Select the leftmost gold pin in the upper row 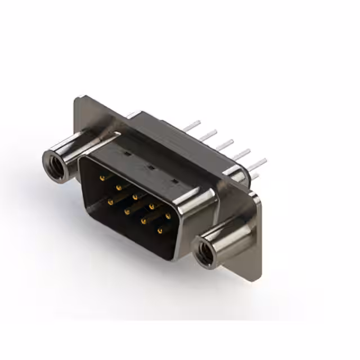pos(102,178)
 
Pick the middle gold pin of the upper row pos(135,197)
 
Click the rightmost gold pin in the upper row pos(168,216)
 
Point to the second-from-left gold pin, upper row pos(118,187)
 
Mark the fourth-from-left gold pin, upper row pos(152,206)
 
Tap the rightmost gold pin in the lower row pos(160,230)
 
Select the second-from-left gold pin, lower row pos(127,211)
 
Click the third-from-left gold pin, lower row pos(144,220)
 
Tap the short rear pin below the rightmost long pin pos(254,177)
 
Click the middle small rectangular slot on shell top pos(151,167)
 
